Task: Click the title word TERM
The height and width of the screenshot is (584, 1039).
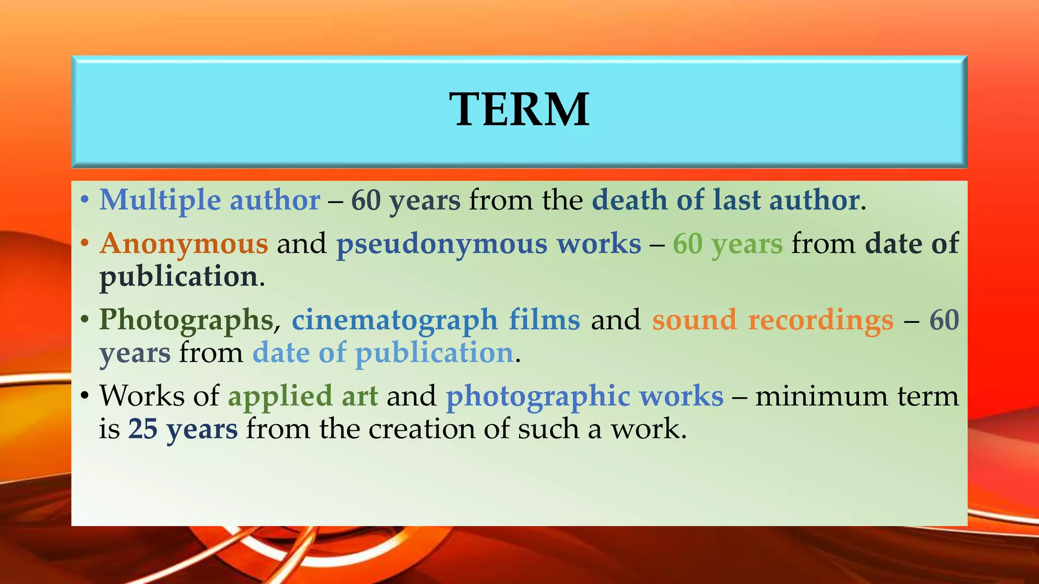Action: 519,109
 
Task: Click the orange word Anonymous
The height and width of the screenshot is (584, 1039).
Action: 184,244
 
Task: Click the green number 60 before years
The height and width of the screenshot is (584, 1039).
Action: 687,244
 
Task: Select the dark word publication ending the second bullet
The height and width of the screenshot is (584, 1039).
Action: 179,277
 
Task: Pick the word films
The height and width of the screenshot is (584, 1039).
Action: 544,320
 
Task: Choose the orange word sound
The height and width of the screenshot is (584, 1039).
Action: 694,320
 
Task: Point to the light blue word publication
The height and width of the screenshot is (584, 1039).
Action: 434,353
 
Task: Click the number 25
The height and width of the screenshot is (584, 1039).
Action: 143,429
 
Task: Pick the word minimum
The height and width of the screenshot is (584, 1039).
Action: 821,396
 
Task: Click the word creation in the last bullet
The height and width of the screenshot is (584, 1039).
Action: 422,429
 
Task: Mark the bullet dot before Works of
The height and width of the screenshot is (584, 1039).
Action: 85,395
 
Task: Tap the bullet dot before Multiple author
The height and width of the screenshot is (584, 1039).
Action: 85,199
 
